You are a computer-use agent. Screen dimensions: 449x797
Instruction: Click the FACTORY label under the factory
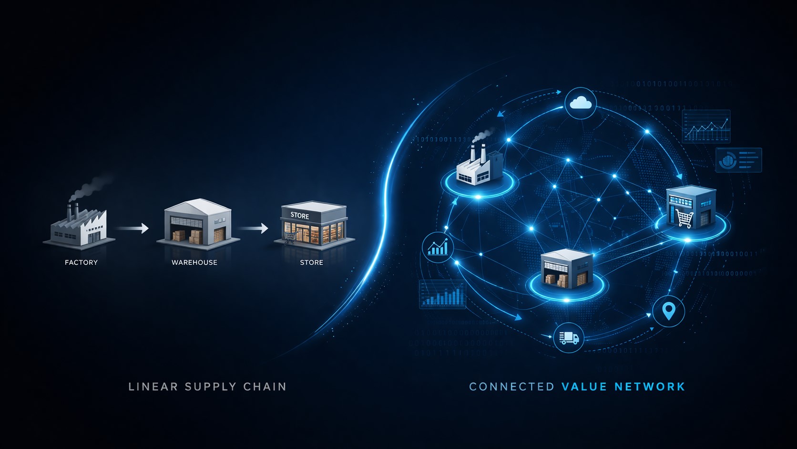[81, 262]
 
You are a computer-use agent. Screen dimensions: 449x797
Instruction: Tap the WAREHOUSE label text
[194, 262]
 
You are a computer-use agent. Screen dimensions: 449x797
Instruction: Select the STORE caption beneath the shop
[311, 262]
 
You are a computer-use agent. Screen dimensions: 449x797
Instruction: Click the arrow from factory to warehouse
[133, 229]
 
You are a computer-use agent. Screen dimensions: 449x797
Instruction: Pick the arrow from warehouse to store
[253, 229]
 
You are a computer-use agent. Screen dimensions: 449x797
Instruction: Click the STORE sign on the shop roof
[300, 216]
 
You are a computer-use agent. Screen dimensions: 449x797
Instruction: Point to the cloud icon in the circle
[580, 103]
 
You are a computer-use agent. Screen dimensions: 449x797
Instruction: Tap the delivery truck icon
[569, 337]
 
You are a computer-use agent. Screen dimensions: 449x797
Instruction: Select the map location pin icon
[669, 311]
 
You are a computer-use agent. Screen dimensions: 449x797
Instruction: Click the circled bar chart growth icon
[438, 248]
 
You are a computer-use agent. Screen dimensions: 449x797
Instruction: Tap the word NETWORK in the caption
[650, 386]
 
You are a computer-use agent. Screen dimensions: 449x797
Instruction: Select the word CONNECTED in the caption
[512, 386]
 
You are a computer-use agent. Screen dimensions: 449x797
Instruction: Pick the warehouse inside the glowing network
[566, 269]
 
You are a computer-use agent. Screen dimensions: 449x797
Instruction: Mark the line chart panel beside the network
[706, 126]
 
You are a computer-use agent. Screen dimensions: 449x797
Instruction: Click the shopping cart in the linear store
[289, 237]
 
